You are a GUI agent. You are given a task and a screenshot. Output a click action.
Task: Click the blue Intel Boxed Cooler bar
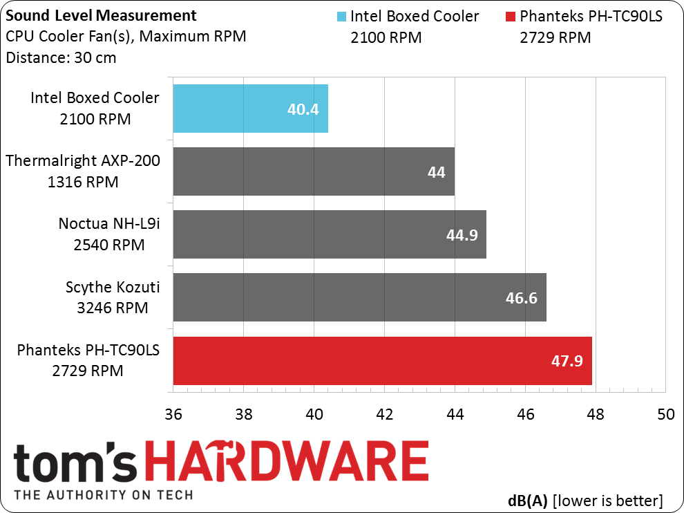pyautogui.click(x=250, y=109)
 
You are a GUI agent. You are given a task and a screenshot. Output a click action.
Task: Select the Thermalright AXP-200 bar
pyautogui.click(x=314, y=171)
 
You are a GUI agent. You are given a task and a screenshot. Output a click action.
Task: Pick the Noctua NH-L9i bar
pyautogui.click(x=330, y=234)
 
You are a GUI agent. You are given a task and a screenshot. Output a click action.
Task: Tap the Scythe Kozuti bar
pyautogui.click(x=359, y=297)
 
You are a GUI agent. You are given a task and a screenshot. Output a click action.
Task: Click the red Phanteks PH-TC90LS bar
pyautogui.click(x=383, y=361)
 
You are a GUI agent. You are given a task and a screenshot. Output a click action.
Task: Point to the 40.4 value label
pyautogui.click(x=303, y=109)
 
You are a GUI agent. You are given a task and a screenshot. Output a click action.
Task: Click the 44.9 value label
pyautogui.click(x=462, y=235)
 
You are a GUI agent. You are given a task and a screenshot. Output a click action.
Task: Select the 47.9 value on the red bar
pyautogui.click(x=567, y=361)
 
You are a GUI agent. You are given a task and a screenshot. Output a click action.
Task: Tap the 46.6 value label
pyautogui.click(x=521, y=298)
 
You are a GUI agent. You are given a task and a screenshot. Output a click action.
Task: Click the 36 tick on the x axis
pyautogui.click(x=173, y=414)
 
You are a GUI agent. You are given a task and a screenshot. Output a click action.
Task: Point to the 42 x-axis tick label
pyautogui.click(x=384, y=414)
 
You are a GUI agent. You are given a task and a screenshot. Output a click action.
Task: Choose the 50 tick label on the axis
pyautogui.click(x=665, y=414)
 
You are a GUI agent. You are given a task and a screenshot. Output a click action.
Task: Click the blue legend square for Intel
pyautogui.click(x=341, y=17)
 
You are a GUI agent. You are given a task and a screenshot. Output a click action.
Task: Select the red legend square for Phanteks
pyautogui.click(x=510, y=17)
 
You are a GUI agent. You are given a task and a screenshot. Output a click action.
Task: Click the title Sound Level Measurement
pyautogui.click(x=101, y=16)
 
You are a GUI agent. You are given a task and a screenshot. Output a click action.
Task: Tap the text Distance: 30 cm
pyautogui.click(x=61, y=57)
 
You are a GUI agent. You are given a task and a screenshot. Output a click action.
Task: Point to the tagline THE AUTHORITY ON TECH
pyautogui.click(x=104, y=494)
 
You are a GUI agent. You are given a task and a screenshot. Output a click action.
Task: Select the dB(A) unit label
pyautogui.click(x=527, y=501)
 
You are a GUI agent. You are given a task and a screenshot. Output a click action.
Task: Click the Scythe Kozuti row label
pyautogui.click(x=113, y=297)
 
